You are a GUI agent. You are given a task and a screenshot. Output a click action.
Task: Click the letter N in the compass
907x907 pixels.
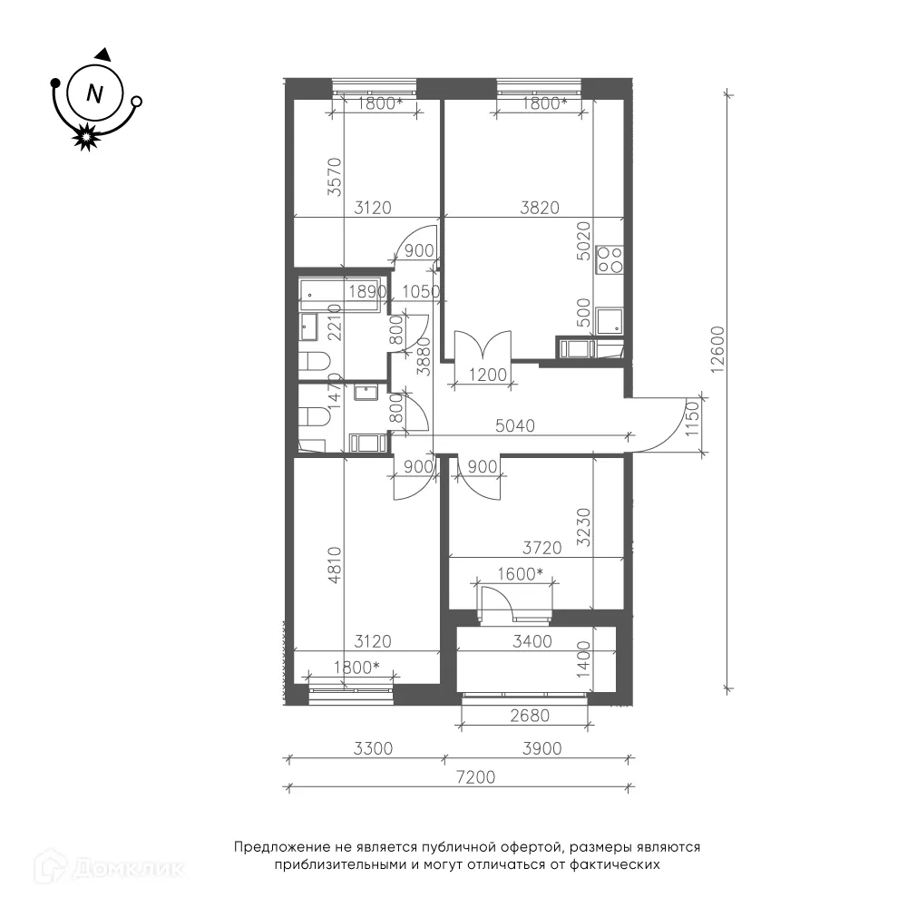[94, 93]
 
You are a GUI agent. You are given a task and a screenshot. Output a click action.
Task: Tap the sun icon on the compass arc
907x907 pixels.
[86, 137]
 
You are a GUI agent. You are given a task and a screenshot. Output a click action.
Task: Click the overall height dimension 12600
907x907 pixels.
[717, 349]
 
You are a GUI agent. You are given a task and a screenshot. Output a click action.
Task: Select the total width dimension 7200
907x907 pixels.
[475, 777]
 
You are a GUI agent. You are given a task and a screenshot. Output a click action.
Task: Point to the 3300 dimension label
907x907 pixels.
[373, 748]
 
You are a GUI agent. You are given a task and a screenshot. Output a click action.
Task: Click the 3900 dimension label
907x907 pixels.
[542, 748]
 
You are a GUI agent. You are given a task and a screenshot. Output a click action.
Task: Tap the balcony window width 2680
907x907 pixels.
[530, 716]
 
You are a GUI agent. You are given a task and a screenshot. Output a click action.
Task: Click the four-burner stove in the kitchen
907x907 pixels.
[610, 259]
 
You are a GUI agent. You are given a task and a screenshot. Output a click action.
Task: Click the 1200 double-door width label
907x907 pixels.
[488, 375]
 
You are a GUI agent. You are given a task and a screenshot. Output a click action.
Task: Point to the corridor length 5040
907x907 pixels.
[515, 425]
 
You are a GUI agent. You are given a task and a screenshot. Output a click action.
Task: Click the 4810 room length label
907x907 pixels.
[335, 564]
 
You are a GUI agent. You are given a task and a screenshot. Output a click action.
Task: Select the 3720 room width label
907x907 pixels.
[542, 547]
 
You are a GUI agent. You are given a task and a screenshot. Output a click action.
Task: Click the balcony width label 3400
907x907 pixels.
[532, 641]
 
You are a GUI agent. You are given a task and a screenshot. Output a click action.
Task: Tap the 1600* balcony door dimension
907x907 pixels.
[520, 574]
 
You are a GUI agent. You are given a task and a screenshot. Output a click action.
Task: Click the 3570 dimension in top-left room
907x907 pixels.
[335, 177]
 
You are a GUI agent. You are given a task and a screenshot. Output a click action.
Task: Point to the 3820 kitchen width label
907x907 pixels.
[540, 207]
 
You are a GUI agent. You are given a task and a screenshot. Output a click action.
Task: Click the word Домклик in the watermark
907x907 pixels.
[129, 869]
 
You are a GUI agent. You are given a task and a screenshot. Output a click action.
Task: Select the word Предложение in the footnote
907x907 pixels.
[282, 847]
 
